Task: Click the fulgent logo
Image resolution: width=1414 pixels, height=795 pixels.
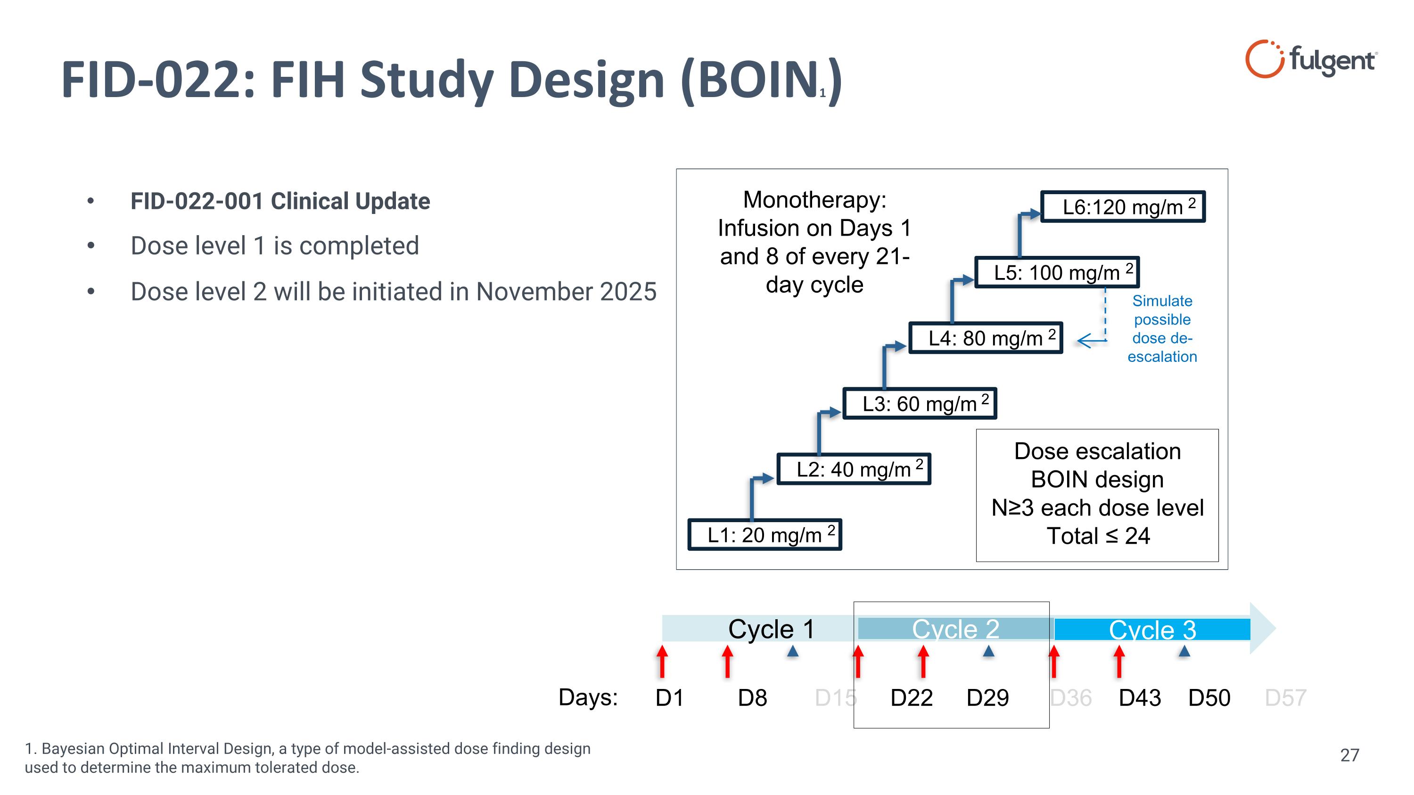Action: coord(1310,59)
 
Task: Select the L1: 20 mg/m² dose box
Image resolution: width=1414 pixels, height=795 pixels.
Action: coord(765,534)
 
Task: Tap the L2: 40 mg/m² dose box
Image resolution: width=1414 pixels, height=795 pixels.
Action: coord(854,469)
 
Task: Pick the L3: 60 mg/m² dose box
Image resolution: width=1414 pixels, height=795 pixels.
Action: coord(920,404)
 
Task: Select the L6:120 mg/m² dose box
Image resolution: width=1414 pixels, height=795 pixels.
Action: coord(1123,207)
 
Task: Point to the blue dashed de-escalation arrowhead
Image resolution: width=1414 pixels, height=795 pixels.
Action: coord(1084,341)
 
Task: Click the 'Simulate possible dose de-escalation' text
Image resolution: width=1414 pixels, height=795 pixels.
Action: coord(1162,328)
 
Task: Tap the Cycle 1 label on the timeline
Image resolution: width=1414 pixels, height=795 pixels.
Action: coord(771,629)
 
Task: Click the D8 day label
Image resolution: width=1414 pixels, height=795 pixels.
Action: coord(752,698)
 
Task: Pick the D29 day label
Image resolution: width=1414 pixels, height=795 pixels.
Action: coord(987,698)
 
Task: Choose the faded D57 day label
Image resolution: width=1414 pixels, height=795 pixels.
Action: coord(1285,698)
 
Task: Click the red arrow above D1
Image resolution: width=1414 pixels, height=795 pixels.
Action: coord(663,661)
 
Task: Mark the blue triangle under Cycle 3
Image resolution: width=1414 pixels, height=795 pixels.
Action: coord(1184,651)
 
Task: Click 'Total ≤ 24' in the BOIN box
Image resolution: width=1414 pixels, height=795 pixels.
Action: coord(1098,536)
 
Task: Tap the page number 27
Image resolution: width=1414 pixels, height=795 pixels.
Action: coord(1349,755)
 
